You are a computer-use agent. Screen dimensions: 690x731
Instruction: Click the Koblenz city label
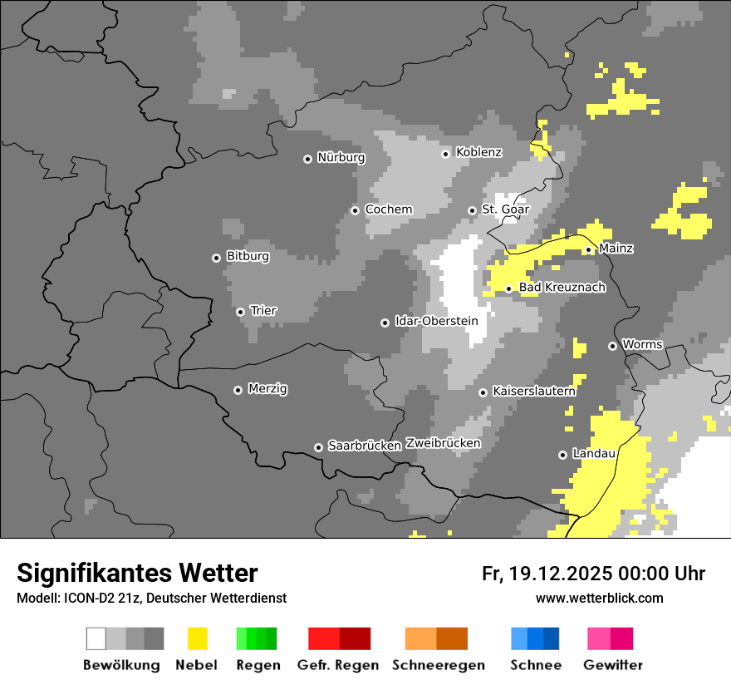pyautogui.click(x=478, y=152)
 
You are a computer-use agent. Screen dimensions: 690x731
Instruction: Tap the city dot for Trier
pyautogui.click(x=240, y=312)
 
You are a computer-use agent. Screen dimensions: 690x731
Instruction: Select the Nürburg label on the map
pyautogui.click(x=341, y=157)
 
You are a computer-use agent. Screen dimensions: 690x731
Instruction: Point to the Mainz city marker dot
pyautogui.click(x=588, y=249)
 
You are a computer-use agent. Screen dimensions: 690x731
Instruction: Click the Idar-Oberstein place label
pyautogui.click(x=436, y=321)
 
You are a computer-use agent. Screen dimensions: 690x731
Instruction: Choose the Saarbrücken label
pyautogui.click(x=365, y=446)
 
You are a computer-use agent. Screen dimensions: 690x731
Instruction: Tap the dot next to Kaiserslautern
pyautogui.click(x=483, y=392)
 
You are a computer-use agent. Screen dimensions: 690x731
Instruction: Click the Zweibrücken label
pyautogui.click(x=443, y=443)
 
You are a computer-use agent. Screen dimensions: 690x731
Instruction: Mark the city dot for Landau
pyautogui.click(x=562, y=455)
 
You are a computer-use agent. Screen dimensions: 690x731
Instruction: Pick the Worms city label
pyautogui.click(x=642, y=344)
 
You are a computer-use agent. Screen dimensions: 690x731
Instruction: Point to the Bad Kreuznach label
pyautogui.click(x=562, y=288)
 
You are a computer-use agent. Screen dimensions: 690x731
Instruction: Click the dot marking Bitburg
pyautogui.click(x=216, y=258)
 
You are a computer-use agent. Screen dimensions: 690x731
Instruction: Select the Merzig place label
pyautogui.click(x=267, y=388)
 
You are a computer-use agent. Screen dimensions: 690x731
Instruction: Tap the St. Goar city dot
pyautogui.click(x=472, y=210)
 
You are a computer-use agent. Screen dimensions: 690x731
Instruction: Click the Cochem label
pyautogui.click(x=388, y=209)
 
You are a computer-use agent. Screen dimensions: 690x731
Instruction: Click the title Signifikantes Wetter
pyautogui.click(x=137, y=574)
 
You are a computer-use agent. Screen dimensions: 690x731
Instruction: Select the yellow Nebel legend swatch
pyautogui.click(x=197, y=638)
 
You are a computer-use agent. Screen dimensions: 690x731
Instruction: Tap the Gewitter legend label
pyautogui.click(x=613, y=665)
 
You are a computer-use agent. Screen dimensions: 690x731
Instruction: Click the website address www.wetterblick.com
pyautogui.click(x=599, y=598)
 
